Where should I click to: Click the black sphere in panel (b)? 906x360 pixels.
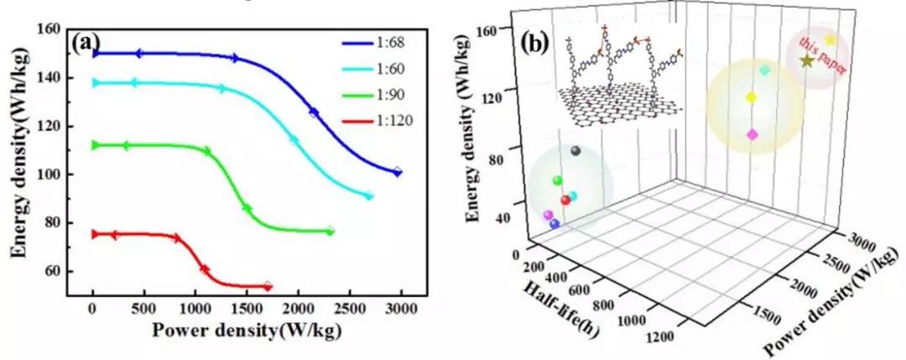575,151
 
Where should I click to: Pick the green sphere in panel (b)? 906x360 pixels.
557,180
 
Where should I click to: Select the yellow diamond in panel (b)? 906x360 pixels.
752,98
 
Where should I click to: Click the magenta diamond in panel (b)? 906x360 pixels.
752,134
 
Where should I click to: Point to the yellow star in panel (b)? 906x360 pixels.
830,39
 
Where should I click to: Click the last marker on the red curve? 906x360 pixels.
268,287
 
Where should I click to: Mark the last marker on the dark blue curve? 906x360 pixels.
398,172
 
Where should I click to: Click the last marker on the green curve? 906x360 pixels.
330,231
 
